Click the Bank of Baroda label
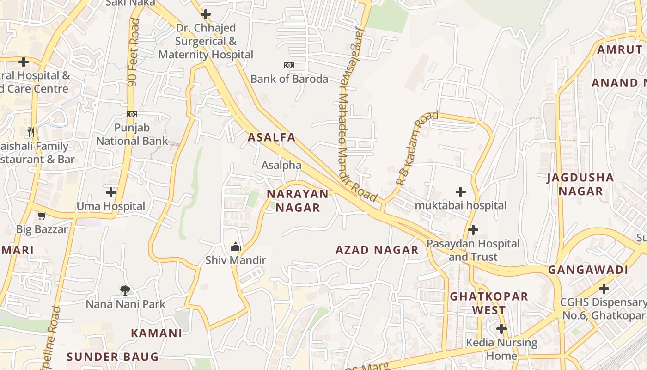point(289,79)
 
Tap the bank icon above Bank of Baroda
point(289,65)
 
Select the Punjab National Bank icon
point(132,114)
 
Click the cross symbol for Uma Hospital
point(111,192)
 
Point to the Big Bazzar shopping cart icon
point(42,216)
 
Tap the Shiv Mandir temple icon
point(236,247)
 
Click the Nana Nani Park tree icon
point(125,290)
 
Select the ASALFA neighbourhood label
point(271,137)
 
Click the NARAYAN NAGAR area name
point(298,201)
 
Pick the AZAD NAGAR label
point(377,250)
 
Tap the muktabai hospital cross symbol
point(460,191)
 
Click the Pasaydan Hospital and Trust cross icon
point(473,229)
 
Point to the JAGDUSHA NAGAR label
point(580,184)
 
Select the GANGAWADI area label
point(588,270)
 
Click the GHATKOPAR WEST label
point(489,303)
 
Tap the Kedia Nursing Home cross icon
point(501,329)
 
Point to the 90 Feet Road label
point(134,52)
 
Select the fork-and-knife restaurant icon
point(31,132)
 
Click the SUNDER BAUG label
point(112,357)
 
